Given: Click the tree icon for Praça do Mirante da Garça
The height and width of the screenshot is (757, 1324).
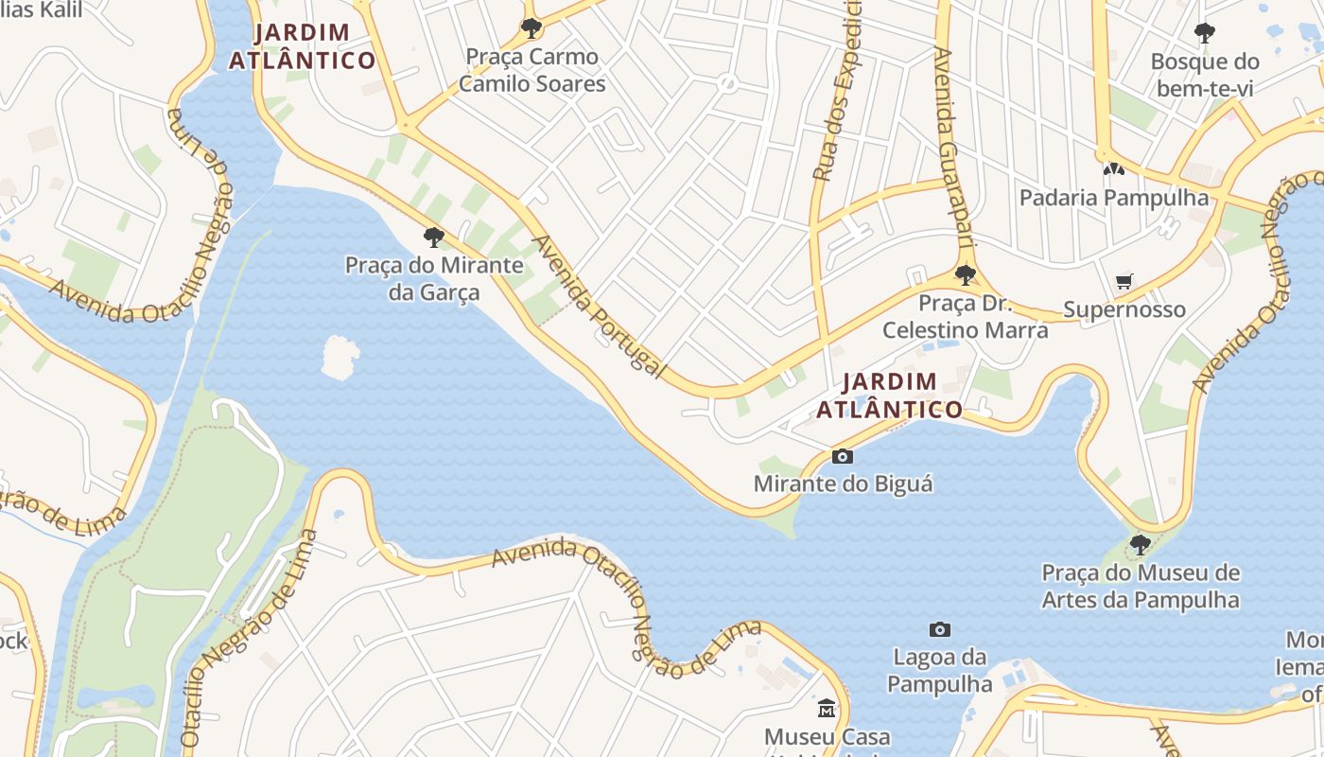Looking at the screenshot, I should point(434,237).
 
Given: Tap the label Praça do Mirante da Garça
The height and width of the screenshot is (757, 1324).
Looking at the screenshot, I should point(434,278).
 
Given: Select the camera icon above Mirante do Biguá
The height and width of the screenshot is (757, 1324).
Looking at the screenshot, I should point(842,457).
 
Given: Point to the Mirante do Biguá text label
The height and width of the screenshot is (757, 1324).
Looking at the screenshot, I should point(843,484).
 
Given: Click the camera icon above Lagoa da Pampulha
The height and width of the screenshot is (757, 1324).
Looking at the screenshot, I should point(939,630).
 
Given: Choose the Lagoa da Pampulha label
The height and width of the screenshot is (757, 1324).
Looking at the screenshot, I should point(939,670).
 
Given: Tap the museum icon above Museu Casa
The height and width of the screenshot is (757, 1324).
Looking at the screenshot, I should point(827,709).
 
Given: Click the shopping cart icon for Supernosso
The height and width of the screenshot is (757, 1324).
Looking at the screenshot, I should point(1124,281).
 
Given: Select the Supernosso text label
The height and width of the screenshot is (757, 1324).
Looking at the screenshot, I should point(1124,309).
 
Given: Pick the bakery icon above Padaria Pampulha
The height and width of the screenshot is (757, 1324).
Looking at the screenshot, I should point(1113,170).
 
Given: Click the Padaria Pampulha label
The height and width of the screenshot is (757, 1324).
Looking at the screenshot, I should point(1113,198).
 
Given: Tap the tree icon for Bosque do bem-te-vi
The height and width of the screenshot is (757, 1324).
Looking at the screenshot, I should point(1204,33).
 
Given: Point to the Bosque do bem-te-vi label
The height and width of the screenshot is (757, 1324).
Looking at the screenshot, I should point(1204,76).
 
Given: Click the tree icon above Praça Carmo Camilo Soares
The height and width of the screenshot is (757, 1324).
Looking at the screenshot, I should point(531,27).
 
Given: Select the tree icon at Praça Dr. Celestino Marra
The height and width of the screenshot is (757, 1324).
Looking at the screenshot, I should point(965,275).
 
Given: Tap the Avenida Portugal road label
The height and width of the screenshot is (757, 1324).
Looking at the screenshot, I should point(598,306).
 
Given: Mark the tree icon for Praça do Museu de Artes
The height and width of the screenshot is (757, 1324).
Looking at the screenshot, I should point(1140,544).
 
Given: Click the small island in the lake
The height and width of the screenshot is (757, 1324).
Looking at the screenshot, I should point(340,357).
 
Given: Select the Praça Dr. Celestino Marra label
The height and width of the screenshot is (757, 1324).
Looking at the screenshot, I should point(965,317).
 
